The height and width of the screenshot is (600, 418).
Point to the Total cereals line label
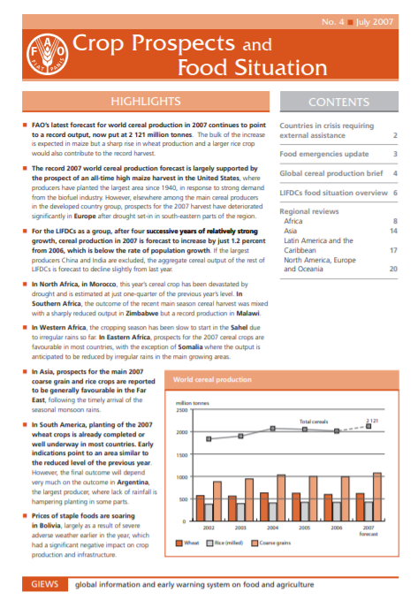(313, 422)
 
